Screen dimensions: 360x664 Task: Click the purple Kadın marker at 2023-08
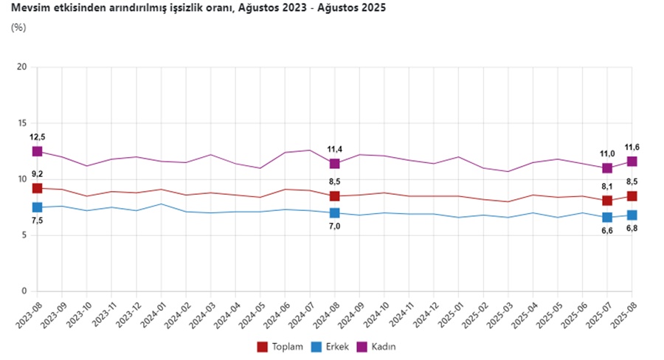pyautogui.click(x=38, y=151)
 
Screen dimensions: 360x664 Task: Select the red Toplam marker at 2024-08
pyautogui.click(x=335, y=196)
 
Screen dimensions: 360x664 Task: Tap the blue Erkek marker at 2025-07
pyautogui.click(x=607, y=217)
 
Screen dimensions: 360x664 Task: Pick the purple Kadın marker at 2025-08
pyautogui.click(x=632, y=162)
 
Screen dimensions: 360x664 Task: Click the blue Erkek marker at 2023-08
pyautogui.click(x=38, y=207)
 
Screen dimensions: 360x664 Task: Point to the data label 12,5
pyautogui.click(x=37, y=136)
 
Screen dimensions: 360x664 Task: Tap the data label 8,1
pyautogui.click(x=607, y=187)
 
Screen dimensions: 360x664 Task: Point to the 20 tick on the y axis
pyautogui.click(x=22, y=67)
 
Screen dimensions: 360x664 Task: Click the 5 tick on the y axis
pyautogui.click(x=24, y=235)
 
